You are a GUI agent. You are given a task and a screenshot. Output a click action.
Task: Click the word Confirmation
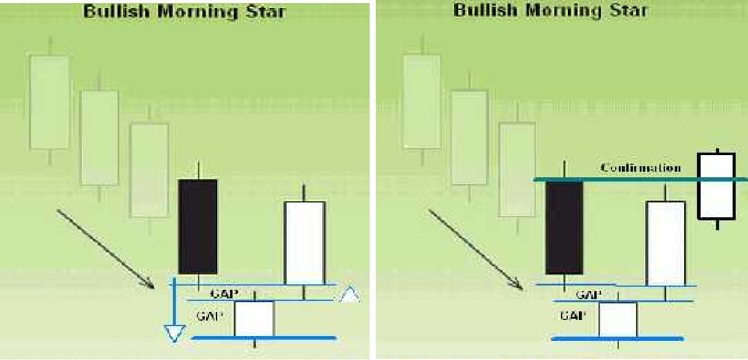(x=640, y=168)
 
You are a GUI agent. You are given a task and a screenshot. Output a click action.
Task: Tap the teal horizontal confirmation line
(x=615, y=180)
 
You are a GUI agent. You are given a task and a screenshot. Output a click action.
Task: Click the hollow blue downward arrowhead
(x=174, y=334)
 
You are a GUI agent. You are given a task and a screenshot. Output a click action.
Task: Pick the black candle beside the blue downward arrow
(x=197, y=226)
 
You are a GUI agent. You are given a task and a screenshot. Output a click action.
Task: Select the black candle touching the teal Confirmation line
(x=564, y=227)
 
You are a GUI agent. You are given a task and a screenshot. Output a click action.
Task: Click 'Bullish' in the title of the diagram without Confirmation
(x=113, y=12)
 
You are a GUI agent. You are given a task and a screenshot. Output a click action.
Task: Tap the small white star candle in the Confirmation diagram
(x=618, y=319)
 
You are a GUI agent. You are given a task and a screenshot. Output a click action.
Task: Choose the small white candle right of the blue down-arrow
(x=254, y=318)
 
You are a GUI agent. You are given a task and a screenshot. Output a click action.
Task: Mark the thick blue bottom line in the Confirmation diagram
(x=618, y=338)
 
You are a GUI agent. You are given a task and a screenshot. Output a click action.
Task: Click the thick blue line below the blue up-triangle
(x=265, y=338)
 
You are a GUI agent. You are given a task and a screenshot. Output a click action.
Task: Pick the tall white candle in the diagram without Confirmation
(x=304, y=242)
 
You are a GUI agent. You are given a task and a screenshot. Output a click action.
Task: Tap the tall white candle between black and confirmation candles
(x=666, y=243)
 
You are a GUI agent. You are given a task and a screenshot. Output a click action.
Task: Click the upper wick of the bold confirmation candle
(x=717, y=150)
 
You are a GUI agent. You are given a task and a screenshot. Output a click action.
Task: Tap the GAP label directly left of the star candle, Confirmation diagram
(x=571, y=316)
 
